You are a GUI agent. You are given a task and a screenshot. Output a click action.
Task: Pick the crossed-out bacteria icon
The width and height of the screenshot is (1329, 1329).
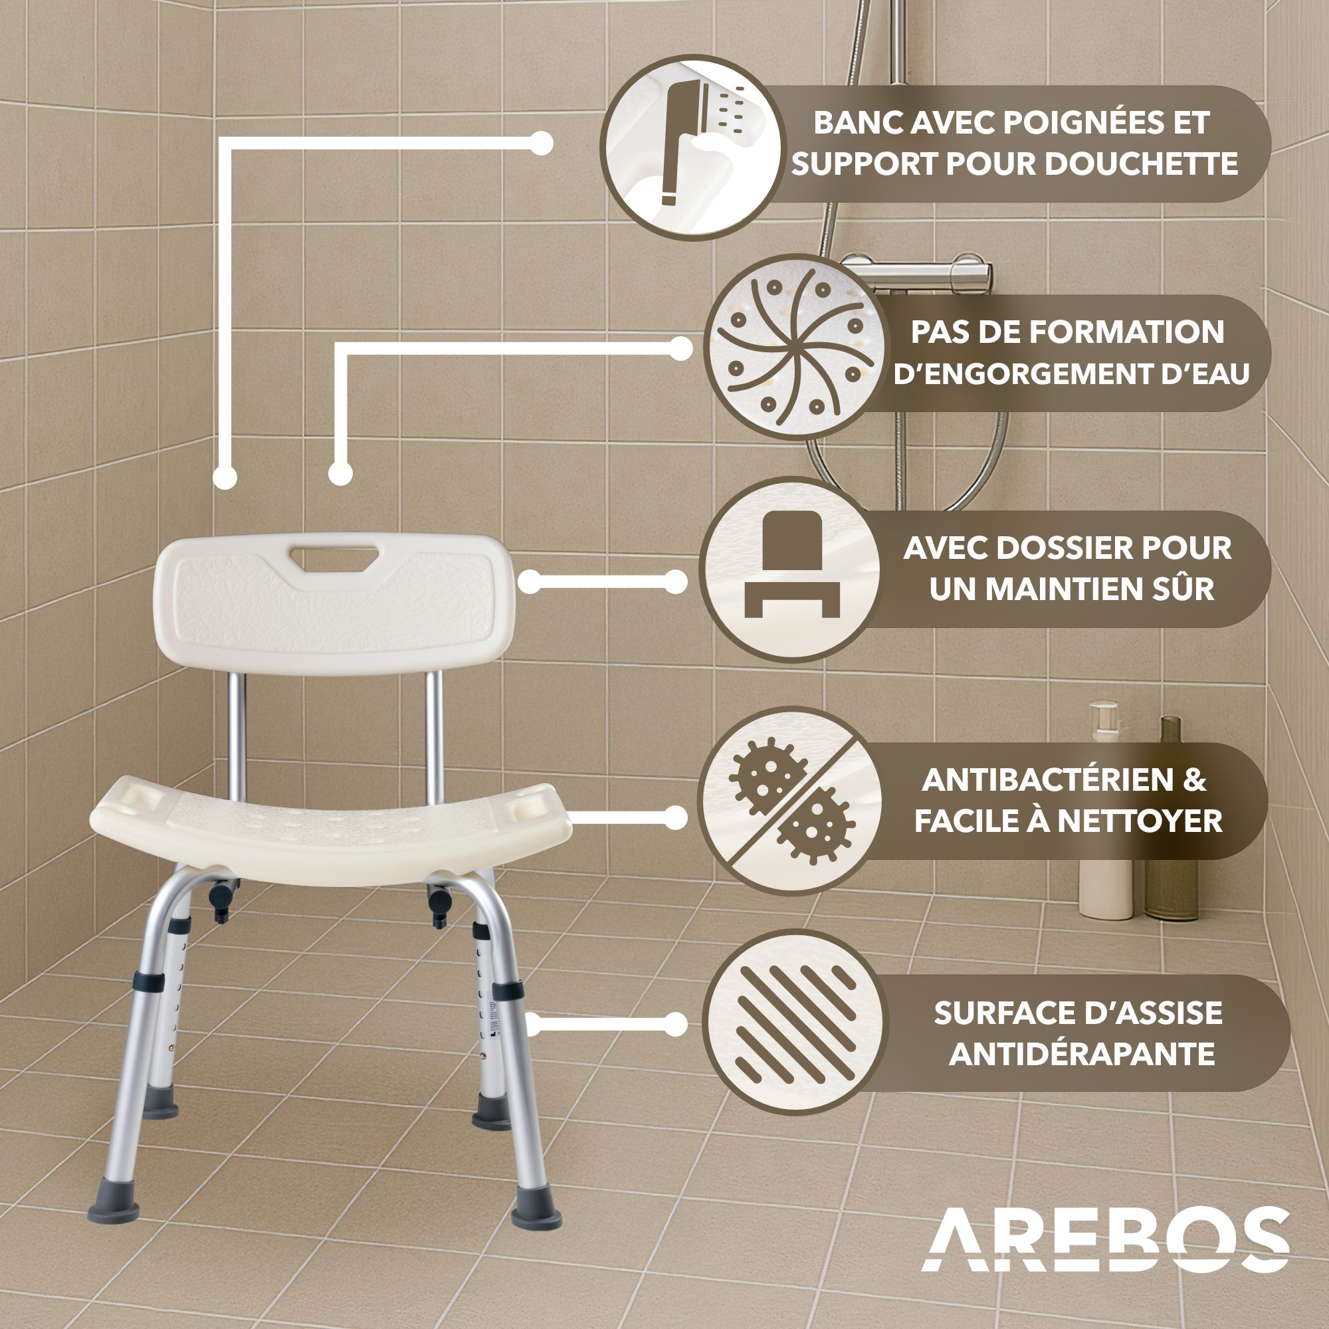pos(790,801)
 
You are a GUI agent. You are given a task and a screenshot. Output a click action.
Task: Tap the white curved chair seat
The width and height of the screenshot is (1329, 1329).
pos(331,828)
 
